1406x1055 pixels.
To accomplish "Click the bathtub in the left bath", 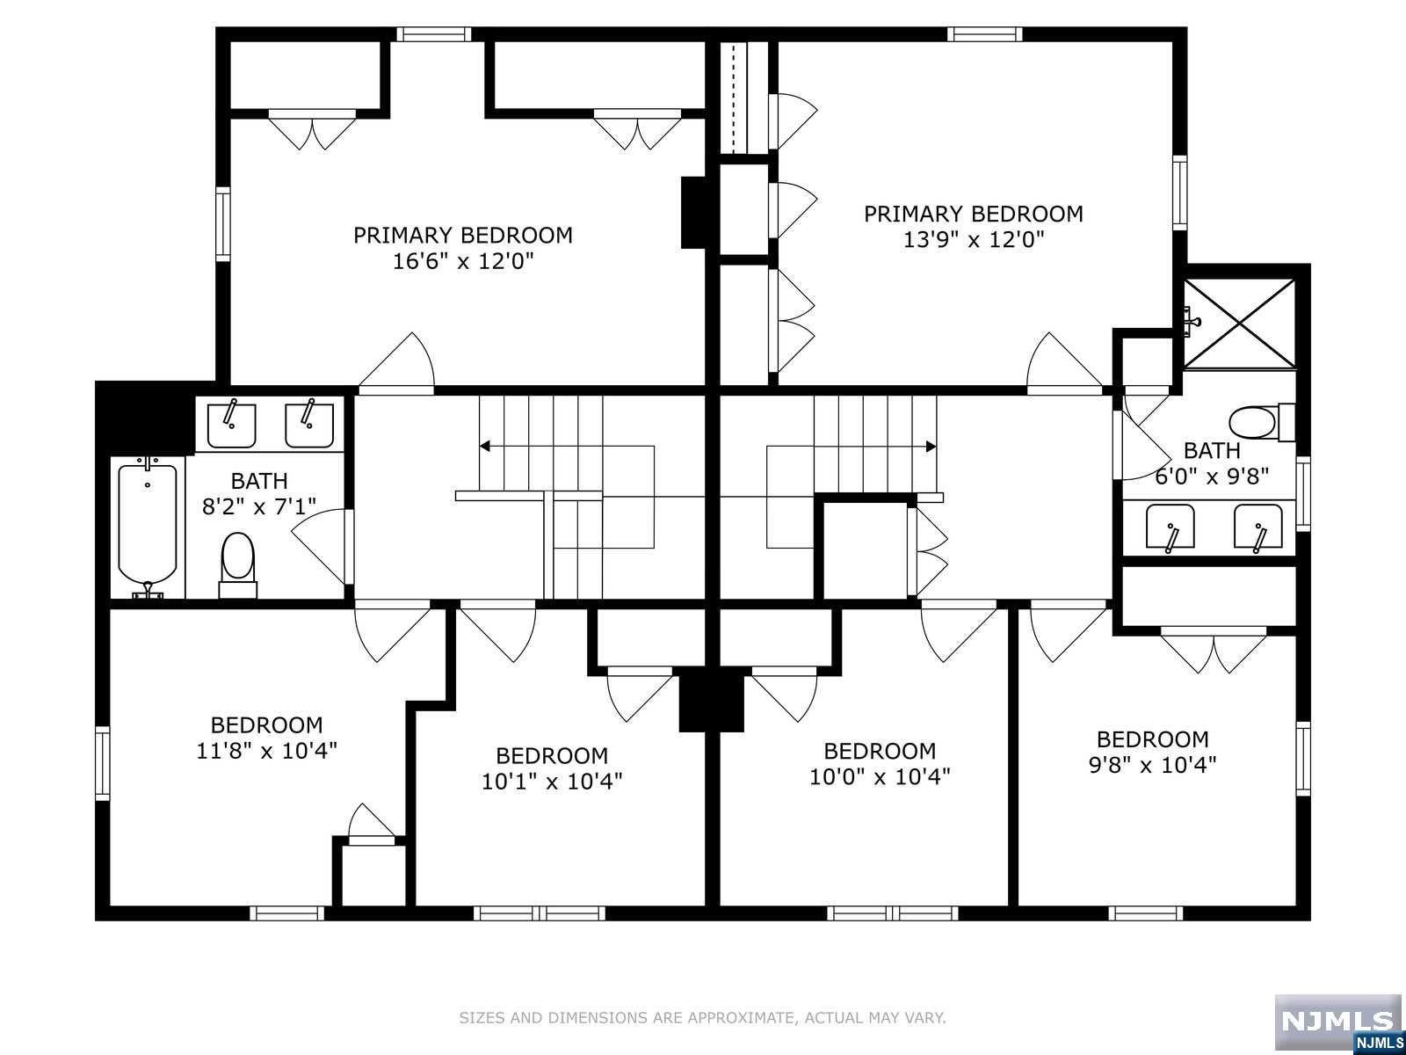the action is [148, 527].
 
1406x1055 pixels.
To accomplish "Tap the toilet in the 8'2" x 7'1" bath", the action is [237, 564].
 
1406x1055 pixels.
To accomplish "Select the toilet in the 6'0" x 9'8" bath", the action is [1261, 423].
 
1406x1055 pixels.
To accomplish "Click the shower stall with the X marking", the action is [1240, 324].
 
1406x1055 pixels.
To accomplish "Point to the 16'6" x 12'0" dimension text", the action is [462, 261].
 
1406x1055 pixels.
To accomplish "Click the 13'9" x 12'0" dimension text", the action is [973, 239].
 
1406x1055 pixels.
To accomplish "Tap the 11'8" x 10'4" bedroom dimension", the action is [266, 750].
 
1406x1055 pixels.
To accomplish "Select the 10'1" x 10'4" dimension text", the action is [552, 782].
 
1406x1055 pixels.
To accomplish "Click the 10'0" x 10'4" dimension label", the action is [880, 776].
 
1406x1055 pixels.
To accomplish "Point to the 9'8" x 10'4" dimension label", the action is [1152, 765].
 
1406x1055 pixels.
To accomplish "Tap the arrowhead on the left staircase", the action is [485, 446].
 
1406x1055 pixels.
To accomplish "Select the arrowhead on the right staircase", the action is [931, 446].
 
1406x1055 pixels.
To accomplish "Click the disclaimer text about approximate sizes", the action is [702, 1018].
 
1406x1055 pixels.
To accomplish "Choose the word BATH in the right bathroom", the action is [1211, 451].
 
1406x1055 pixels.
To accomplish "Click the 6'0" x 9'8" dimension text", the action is [1211, 477].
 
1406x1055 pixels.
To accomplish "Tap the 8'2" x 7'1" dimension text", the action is [258, 506].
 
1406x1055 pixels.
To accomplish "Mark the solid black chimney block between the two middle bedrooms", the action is [711, 700].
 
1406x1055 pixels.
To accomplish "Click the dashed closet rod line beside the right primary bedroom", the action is [743, 98].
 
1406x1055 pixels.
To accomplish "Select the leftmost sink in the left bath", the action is [231, 425].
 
